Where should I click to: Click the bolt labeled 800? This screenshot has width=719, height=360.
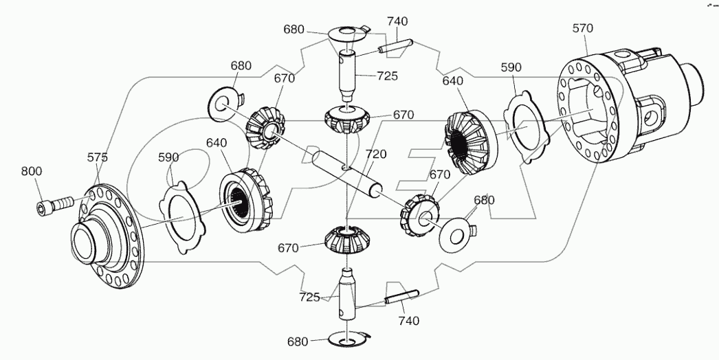tap(54, 205)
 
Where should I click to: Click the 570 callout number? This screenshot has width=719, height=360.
tap(582, 28)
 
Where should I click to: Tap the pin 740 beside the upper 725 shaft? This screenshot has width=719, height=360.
tap(395, 47)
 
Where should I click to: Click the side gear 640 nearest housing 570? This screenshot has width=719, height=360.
tap(468, 141)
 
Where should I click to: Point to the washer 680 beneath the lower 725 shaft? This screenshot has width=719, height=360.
tap(349, 339)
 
